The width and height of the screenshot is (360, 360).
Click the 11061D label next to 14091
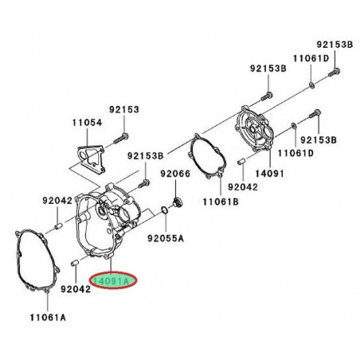pos(296,152)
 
